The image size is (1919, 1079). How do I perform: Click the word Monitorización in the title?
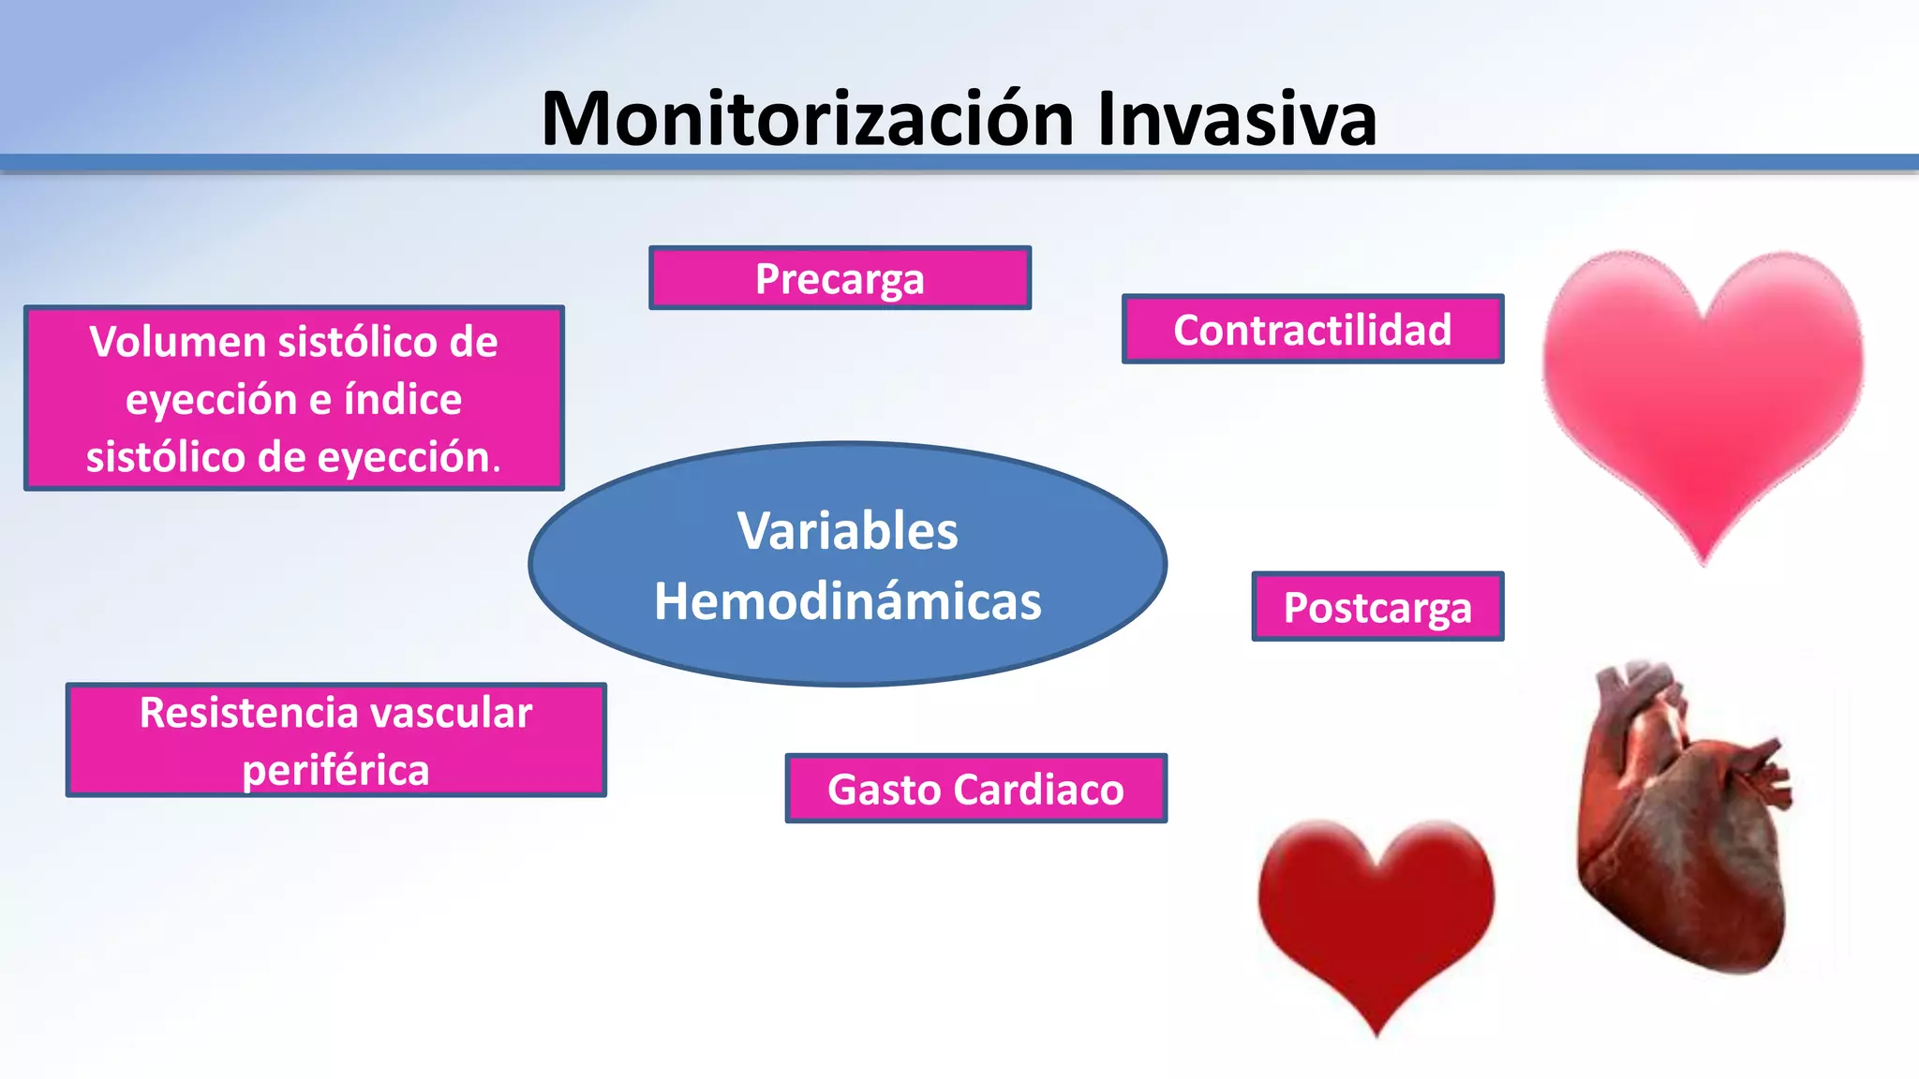[x=808, y=119]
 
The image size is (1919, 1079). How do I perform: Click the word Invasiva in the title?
[x=1237, y=119]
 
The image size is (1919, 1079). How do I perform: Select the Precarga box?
[x=840, y=278]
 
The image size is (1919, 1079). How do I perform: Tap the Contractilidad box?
[x=1312, y=330]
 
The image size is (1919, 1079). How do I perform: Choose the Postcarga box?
[x=1376, y=607]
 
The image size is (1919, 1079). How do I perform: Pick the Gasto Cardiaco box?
[x=975, y=789]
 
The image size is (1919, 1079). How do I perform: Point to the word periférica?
[x=335, y=771]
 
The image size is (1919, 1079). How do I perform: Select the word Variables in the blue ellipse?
[x=847, y=531]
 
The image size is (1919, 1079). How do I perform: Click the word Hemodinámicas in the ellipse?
[x=847, y=601]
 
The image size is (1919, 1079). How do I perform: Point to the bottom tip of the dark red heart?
[x=1376, y=1031]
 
